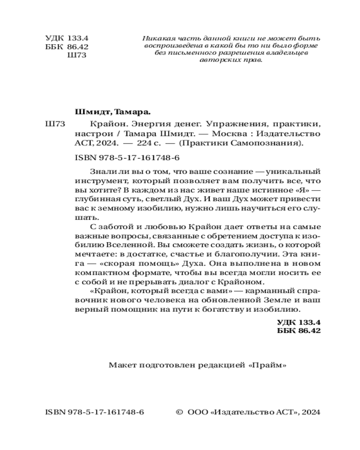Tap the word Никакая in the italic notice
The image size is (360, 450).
(x=154, y=38)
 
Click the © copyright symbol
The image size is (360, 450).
(x=178, y=412)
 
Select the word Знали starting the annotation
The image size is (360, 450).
(x=94, y=171)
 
